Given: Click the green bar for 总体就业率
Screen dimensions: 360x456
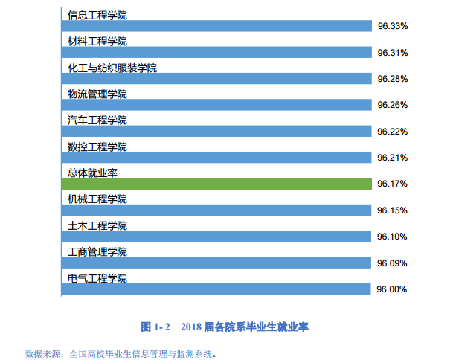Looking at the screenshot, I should [x=216, y=184].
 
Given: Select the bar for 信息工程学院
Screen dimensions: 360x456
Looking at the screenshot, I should [x=216, y=26].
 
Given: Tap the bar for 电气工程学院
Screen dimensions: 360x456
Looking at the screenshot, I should [x=216, y=289].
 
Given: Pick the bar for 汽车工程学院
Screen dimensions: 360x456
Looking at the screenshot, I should [x=216, y=131].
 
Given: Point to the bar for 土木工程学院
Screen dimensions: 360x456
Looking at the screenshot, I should [x=216, y=237].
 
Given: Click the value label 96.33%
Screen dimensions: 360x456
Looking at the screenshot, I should [x=392, y=26].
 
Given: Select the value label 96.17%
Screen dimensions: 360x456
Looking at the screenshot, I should [x=392, y=184].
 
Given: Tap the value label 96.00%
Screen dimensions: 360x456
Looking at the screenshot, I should [x=392, y=289].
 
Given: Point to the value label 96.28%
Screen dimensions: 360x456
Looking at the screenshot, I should [x=392, y=79].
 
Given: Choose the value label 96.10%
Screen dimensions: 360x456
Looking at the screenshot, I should [x=392, y=237].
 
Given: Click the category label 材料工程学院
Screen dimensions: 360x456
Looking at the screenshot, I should [x=97, y=41].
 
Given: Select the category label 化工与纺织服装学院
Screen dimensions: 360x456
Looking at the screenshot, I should [x=112, y=68].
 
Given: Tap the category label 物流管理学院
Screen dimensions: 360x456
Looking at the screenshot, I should [x=97, y=94].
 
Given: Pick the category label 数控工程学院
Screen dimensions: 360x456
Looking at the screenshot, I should [x=97, y=147].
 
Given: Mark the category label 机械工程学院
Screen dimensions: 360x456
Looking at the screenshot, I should [x=97, y=199].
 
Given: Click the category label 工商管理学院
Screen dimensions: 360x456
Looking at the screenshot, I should [x=97, y=251].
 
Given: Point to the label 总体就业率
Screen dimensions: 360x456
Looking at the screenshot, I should [x=92, y=173].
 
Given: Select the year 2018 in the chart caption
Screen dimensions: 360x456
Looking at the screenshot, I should [x=192, y=326].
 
